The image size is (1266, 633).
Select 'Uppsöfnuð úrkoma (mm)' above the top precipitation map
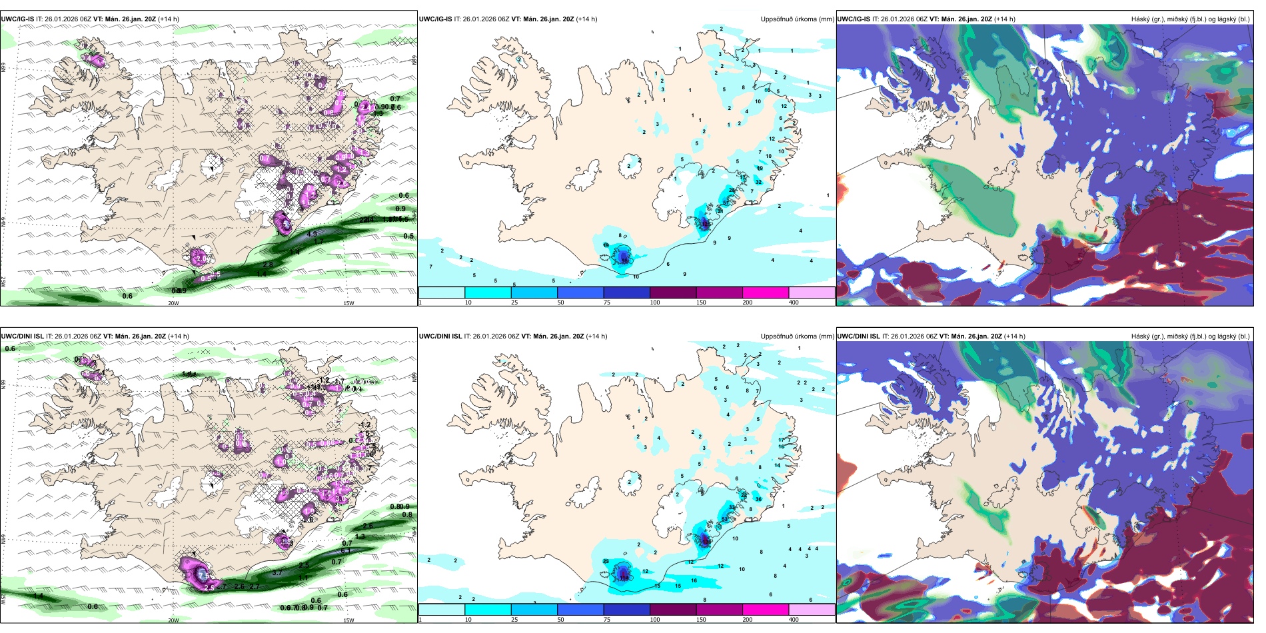coord(797,19)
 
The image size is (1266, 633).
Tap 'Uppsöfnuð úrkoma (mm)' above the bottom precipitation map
coord(797,336)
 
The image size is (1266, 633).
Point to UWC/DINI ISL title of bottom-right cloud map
coord(858,336)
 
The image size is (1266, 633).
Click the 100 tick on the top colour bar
coord(655,303)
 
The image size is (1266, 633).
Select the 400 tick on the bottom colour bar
coord(794,620)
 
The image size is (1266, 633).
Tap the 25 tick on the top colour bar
coord(514,303)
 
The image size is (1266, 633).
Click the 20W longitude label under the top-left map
coord(173,303)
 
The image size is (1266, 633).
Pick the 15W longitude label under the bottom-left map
coord(348,620)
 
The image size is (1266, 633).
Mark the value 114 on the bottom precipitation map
coord(624,578)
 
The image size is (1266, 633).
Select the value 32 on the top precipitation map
coord(758,182)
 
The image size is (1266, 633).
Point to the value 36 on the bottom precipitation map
coord(758,499)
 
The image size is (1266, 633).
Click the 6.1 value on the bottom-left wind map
coord(346,551)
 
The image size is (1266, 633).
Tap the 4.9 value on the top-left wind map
coord(312,235)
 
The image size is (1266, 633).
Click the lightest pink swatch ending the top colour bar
coord(812,293)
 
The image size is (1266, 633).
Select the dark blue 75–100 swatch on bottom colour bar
coord(626,610)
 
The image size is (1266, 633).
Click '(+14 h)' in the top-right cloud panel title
coord(1005,19)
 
